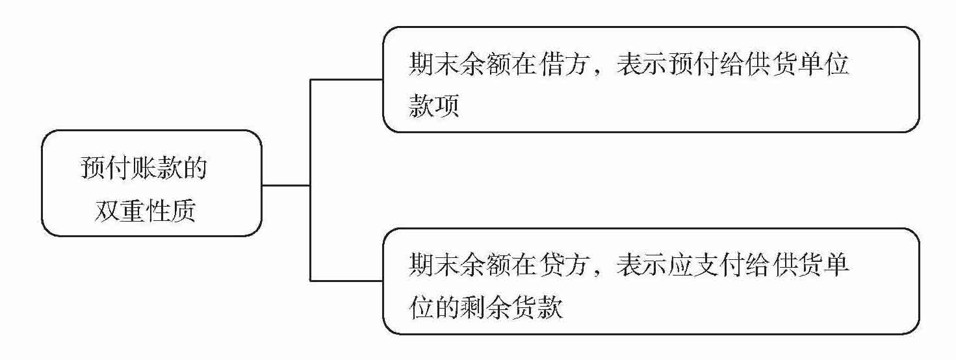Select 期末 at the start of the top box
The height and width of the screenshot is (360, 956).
(434, 66)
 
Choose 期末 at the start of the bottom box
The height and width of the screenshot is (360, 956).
(434, 266)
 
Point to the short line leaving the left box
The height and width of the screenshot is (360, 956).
(286, 185)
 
